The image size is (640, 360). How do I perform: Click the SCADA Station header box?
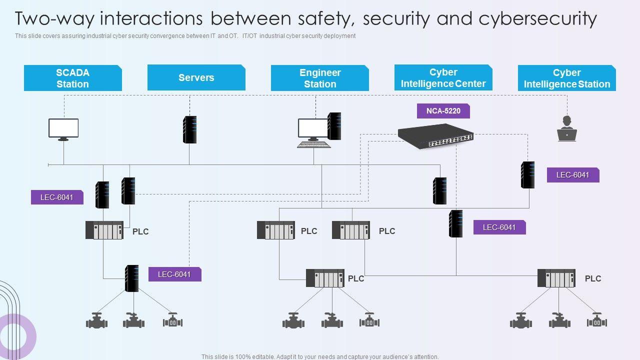[x=73, y=78]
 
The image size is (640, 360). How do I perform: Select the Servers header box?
[x=196, y=77]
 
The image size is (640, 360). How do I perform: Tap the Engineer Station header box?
[x=320, y=78]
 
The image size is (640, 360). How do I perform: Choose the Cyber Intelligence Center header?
[x=443, y=77]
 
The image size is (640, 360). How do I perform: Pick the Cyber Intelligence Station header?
[x=566, y=78]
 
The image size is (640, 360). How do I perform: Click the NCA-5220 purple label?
[x=443, y=111]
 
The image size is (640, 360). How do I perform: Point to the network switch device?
[x=436, y=136]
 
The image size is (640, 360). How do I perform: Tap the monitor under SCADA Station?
[x=63, y=129]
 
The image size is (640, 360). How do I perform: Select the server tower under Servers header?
[x=189, y=129]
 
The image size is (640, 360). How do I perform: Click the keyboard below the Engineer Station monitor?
[x=314, y=145]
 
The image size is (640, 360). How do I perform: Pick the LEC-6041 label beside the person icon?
[x=572, y=175]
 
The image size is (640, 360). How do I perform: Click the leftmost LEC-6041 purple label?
[x=57, y=197]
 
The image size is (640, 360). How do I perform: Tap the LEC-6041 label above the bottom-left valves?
[x=174, y=274]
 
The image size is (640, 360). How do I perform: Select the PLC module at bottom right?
[x=556, y=278]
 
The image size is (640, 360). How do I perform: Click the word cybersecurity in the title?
[x=537, y=18]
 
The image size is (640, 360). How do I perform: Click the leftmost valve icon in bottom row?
[x=96, y=320]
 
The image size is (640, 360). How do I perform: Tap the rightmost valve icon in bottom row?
[x=596, y=320]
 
